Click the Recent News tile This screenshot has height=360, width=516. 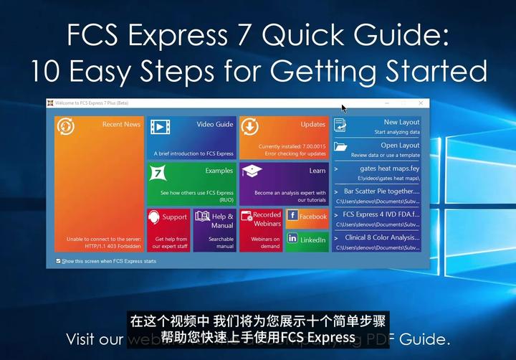pos(99,184)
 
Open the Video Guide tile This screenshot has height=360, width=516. pos(191,138)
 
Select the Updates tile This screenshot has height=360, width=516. pos(284,138)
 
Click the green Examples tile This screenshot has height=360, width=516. pos(191,183)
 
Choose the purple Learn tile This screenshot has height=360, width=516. pos(284,183)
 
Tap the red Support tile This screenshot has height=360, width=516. pos(168,229)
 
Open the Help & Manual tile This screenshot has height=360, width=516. pos(214,229)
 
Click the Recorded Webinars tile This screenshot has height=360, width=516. pos(260,229)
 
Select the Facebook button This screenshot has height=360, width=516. pos(307,217)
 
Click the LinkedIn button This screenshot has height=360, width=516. pos(307,240)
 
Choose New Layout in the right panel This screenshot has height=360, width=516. pos(377,127)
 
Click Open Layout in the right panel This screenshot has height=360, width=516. pos(377,149)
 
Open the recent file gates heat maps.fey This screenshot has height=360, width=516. pos(377,172)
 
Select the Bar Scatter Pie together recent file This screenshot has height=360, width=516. pos(377,196)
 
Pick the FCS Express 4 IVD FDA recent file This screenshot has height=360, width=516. pos(377,218)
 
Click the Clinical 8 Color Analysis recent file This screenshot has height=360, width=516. pos(377,241)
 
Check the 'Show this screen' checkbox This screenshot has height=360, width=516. pos(58,261)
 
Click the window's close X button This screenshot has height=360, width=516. pos(421,103)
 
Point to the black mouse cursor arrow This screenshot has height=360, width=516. pos(343,108)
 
